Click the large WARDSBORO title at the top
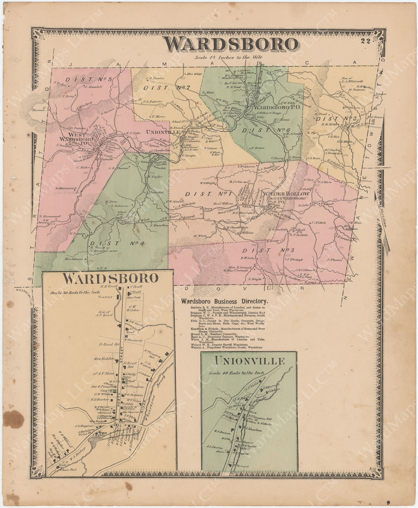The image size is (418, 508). pos(231,44)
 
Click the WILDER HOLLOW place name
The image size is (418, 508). pos(287,194)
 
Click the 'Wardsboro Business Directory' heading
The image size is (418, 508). pos(224,301)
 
